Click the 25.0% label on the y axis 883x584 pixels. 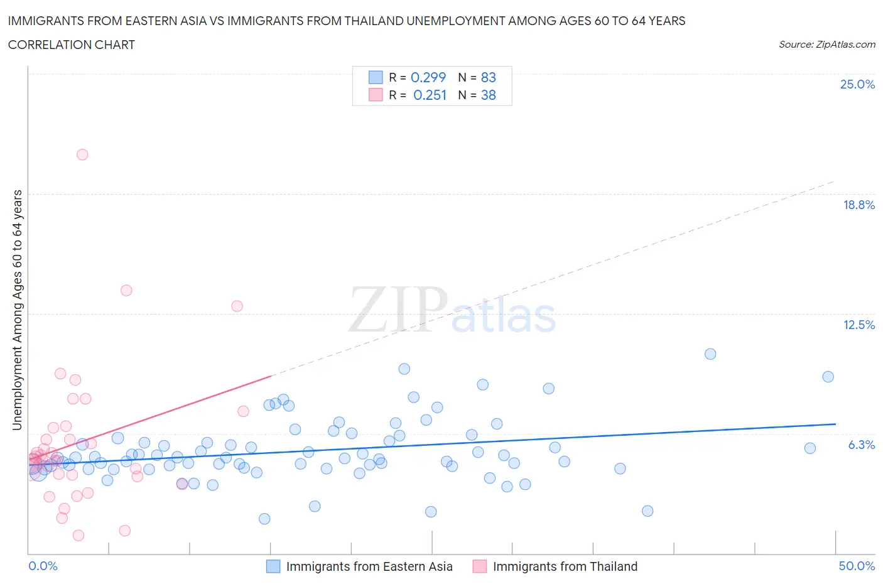857,84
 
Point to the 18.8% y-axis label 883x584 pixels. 859,205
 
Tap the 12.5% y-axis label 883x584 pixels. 859,325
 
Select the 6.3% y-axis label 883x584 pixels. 861,445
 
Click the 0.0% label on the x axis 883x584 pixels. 43,566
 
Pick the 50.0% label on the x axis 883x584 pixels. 857,566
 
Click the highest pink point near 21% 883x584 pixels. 82,154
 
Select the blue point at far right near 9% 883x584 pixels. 828,377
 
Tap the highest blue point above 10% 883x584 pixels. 710,354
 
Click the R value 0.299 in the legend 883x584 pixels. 428,77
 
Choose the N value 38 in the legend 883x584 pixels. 488,95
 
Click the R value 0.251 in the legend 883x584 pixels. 430,95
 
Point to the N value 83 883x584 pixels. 488,77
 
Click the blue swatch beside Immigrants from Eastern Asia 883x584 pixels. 273,566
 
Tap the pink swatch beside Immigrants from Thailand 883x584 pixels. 480,566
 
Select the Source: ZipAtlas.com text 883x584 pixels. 826,45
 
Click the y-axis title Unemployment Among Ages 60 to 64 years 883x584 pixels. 17,310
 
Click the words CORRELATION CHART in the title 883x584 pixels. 72,45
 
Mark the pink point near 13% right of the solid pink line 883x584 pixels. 237,306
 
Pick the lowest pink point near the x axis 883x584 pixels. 79,535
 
